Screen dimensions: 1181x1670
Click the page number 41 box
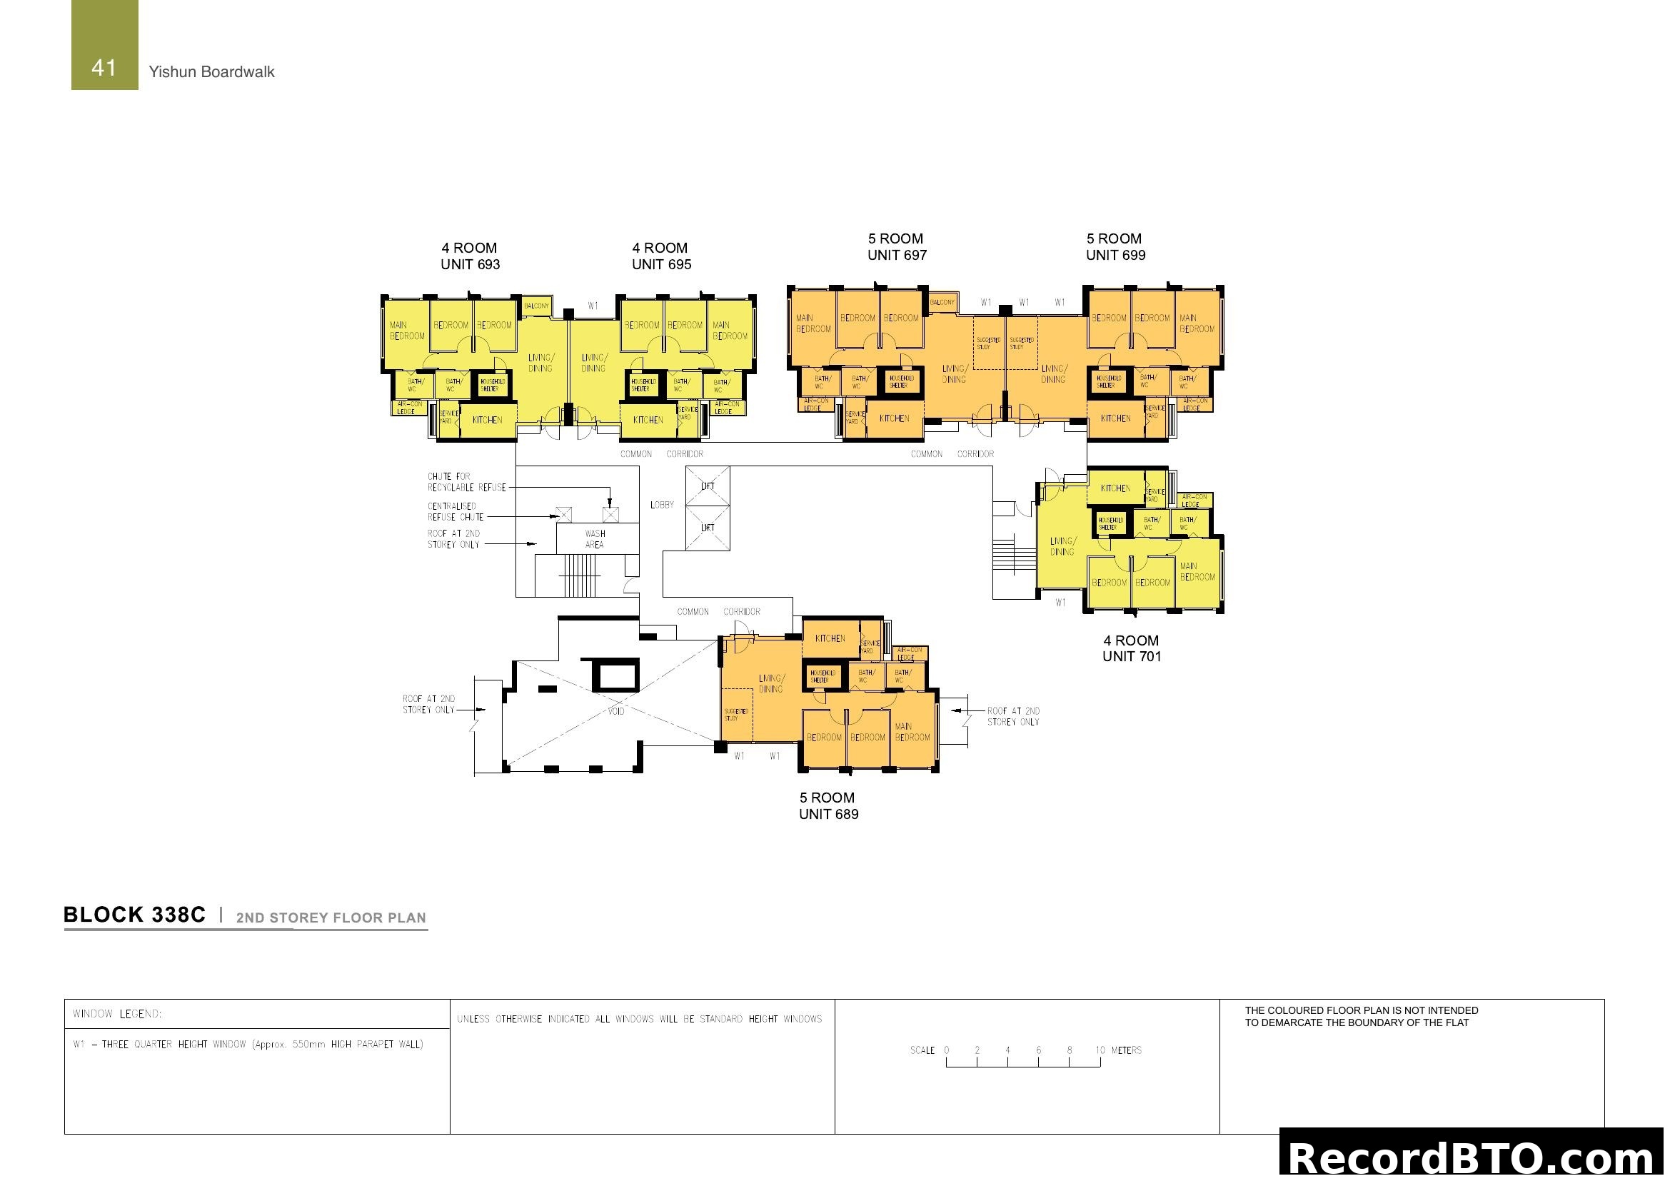(104, 45)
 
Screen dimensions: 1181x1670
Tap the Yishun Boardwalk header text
(211, 72)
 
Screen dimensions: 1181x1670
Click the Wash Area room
(594, 539)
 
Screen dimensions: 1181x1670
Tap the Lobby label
(662, 505)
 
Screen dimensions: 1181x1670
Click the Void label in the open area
(616, 711)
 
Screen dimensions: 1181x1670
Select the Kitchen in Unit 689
(830, 638)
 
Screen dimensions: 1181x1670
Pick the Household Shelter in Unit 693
(493, 385)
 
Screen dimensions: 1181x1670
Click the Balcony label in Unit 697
(942, 302)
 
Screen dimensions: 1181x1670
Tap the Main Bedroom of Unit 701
(1197, 572)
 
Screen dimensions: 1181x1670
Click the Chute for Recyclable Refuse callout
(466, 482)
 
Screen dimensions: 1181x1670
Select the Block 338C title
(134, 915)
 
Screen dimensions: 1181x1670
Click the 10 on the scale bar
(1100, 1050)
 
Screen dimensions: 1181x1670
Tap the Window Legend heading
(117, 1014)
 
